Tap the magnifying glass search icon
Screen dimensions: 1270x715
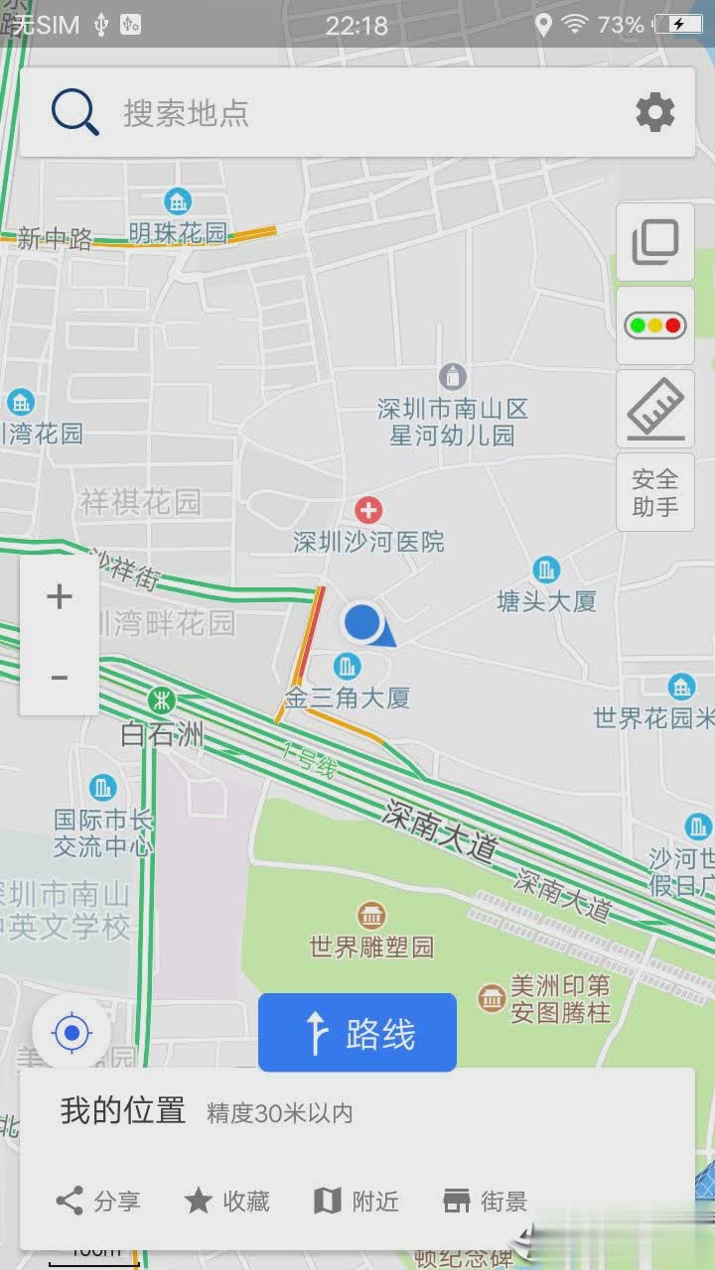point(75,112)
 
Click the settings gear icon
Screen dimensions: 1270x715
point(655,112)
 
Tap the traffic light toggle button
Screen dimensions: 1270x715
point(654,324)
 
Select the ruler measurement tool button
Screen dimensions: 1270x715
point(654,408)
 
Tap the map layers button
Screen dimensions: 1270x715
point(654,241)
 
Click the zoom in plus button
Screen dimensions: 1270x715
point(60,596)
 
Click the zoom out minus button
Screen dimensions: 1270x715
point(60,677)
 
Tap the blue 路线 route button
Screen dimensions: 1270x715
point(357,1033)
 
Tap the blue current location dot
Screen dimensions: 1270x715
point(362,623)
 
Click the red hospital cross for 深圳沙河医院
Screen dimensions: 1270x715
point(368,511)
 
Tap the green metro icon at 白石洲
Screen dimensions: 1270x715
point(161,700)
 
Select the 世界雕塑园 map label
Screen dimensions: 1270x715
point(371,947)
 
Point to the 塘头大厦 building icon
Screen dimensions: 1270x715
point(545,571)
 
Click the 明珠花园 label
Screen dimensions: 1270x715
point(178,233)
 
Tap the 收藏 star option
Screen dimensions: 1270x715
point(227,1202)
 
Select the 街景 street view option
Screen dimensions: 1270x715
point(485,1202)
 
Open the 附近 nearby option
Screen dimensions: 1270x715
point(357,1202)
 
